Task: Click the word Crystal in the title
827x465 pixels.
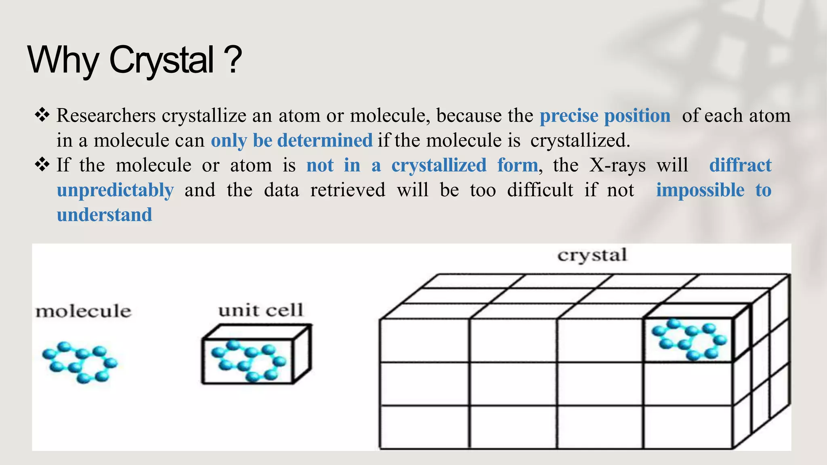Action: [162, 61]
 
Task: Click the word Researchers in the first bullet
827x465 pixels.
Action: [106, 116]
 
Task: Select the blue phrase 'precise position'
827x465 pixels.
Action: [605, 116]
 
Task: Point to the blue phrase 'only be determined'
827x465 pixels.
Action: [292, 140]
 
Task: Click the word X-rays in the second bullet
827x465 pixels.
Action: [617, 165]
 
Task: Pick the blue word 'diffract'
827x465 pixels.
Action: [740, 165]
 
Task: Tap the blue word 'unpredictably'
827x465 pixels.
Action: [115, 191]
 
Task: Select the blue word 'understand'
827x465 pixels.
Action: [105, 215]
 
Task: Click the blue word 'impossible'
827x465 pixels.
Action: [700, 190]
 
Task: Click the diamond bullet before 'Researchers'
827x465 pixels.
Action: [42, 115]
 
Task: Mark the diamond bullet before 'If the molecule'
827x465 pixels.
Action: [42, 165]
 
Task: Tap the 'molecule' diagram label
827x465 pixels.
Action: [84, 312]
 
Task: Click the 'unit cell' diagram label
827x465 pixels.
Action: [261, 310]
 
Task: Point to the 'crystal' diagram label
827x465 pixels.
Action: [592, 256]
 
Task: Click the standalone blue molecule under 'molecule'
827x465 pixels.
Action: [80, 362]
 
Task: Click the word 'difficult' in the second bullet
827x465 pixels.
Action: [540, 190]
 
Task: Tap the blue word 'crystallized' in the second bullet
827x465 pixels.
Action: [439, 165]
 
